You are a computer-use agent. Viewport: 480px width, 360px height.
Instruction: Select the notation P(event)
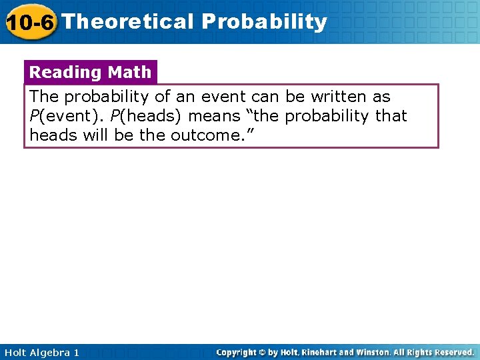(x=66, y=116)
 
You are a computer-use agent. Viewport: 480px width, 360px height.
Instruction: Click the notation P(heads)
(x=147, y=116)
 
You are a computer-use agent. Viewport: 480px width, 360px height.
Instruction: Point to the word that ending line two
(x=391, y=116)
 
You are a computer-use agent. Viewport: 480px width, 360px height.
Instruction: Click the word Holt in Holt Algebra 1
(x=15, y=352)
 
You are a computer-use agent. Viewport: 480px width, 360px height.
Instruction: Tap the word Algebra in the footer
(x=49, y=352)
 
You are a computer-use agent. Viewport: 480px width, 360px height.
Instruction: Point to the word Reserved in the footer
(x=452, y=352)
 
